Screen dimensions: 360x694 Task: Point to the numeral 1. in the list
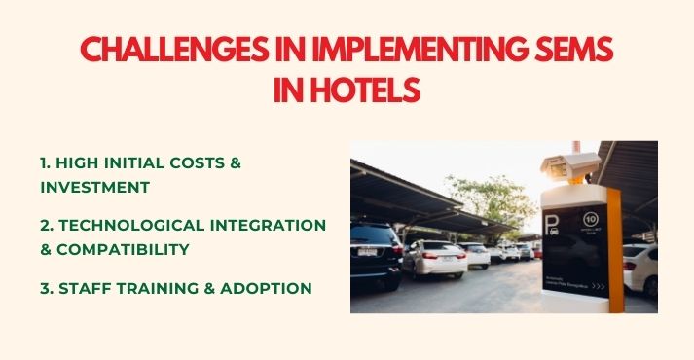(x=47, y=162)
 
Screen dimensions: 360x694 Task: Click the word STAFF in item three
(x=88, y=288)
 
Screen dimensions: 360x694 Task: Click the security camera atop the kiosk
(x=570, y=166)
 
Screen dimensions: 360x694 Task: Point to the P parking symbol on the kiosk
(x=553, y=227)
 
